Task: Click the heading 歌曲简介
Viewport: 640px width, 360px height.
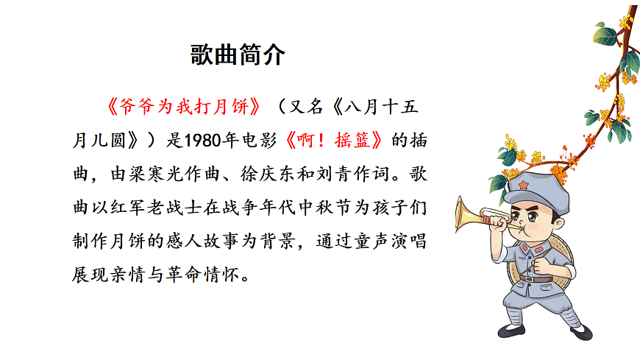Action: (237, 57)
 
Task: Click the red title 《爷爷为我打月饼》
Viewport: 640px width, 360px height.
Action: (182, 107)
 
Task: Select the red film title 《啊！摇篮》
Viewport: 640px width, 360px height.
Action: (335, 140)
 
